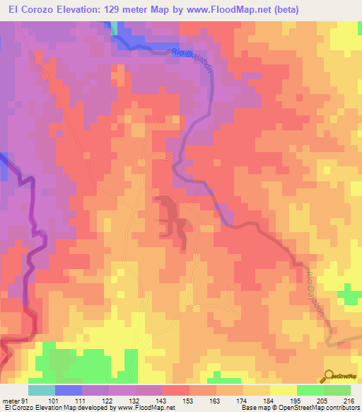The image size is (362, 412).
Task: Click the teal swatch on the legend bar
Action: (42, 390)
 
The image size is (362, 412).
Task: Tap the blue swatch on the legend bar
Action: (69, 390)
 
